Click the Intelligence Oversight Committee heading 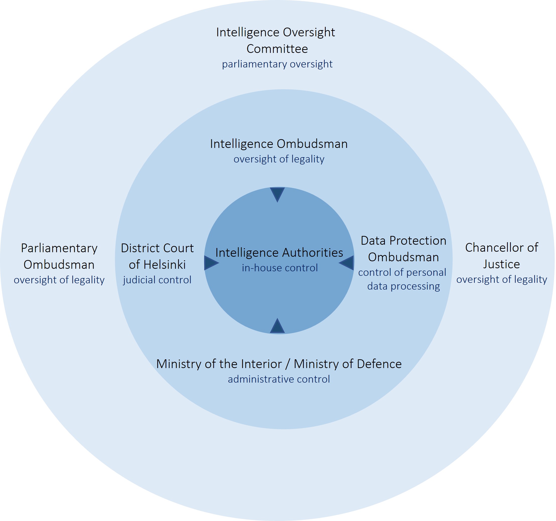tap(276, 41)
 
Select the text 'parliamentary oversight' tap(277, 64)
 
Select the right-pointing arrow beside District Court tap(212, 263)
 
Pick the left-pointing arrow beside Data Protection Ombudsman tap(346, 263)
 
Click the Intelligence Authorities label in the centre tap(279, 253)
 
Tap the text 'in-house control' tap(280, 268)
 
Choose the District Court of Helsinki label tap(157, 256)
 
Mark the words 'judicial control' tap(157, 280)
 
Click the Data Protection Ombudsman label tap(403, 249)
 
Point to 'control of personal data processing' tap(402, 280)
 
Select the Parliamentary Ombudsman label tap(59, 256)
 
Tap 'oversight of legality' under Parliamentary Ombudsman tap(59, 280)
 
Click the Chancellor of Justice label tap(502, 256)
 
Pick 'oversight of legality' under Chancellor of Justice tap(502, 279)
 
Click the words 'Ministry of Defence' tap(348, 364)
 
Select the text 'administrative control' tap(279, 379)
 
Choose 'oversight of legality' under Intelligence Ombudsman tap(279, 159)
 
